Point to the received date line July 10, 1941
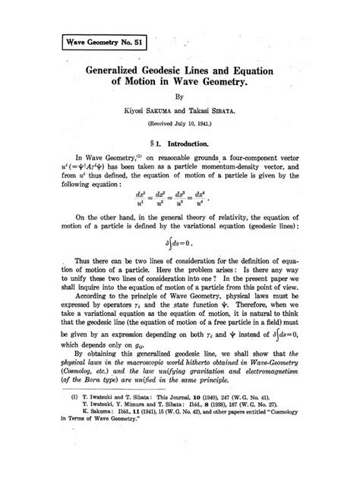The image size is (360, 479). pos(179,126)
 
